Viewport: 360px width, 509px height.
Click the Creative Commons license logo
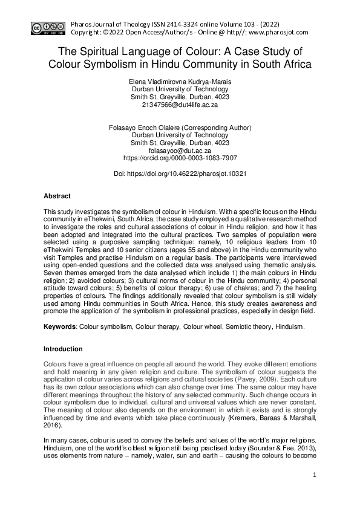[x=48, y=27]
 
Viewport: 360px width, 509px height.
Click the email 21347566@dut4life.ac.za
[x=180, y=105]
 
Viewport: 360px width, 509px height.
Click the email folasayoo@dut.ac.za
[x=180, y=150]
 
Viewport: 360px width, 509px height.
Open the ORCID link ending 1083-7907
[x=180, y=158]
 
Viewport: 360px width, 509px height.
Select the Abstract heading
[x=57, y=196]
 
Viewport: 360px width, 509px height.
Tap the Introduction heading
[x=63, y=349]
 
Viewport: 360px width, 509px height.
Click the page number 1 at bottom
[x=315, y=493]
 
